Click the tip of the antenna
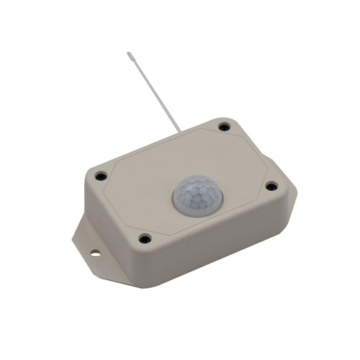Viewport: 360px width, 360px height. pyautogui.click(x=129, y=53)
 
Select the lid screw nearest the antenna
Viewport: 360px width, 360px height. pyautogui.click(x=224, y=127)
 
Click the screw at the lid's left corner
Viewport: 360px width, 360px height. pyautogui.click(x=102, y=175)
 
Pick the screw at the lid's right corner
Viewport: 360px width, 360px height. pyautogui.click(x=271, y=186)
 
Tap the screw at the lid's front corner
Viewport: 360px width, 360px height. pyautogui.click(x=145, y=237)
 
